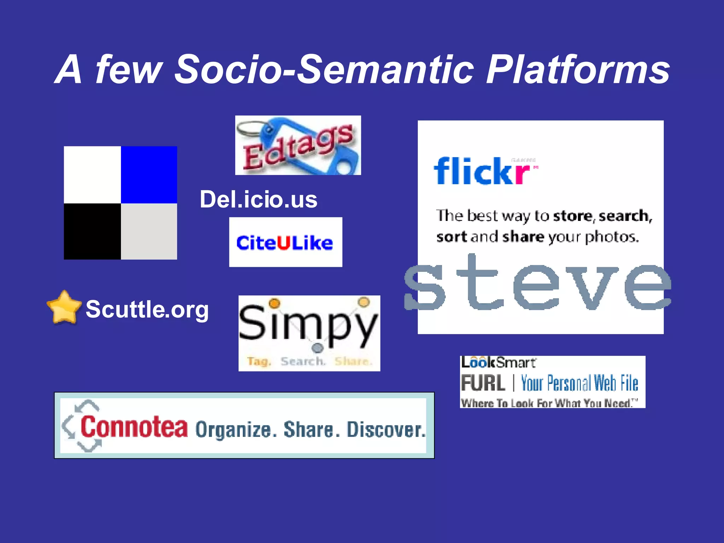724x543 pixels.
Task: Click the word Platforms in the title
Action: [578, 70]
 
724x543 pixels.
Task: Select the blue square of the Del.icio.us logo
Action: [149, 175]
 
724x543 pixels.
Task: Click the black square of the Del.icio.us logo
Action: [92, 232]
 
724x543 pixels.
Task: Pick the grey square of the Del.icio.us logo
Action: [149, 232]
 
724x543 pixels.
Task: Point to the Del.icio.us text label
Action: [258, 199]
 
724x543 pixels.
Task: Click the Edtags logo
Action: [298, 145]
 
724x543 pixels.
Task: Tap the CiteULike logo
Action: [285, 243]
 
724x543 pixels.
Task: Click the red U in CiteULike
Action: [284, 243]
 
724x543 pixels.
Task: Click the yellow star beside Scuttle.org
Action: [64, 308]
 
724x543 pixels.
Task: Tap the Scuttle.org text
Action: [147, 309]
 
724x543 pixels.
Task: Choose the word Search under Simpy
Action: [303, 361]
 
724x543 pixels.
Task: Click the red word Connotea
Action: [134, 427]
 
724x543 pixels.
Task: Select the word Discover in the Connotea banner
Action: [386, 430]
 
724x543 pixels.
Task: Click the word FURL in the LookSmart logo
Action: [483, 383]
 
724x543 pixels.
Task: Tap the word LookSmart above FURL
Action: [498, 362]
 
